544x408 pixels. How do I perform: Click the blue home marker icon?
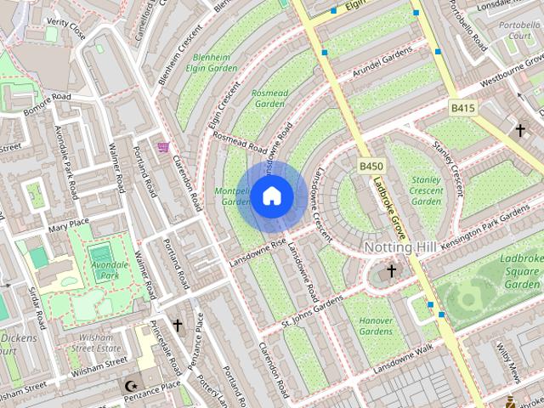click(271, 196)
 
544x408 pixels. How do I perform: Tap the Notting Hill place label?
click(405, 246)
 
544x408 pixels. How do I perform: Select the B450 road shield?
click(371, 166)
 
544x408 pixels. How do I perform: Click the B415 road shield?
click(462, 108)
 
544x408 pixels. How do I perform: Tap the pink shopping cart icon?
click(163, 147)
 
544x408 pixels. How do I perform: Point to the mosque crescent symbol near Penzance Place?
click(130, 386)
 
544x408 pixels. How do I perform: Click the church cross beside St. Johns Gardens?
click(391, 271)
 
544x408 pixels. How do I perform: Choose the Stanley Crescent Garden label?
click(427, 190)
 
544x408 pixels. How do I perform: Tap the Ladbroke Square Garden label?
click(520, 270)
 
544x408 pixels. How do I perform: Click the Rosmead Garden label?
click(270, 98)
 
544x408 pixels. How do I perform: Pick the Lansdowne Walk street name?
click(402, 354)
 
